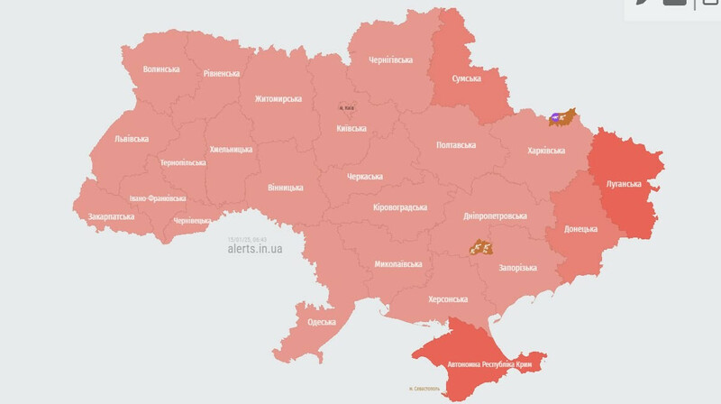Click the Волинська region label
point(162,69)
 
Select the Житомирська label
point(278,99)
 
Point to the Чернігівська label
point(391,60)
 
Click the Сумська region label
point(466,78)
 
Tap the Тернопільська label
point(183,163)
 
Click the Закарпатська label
point(112,216)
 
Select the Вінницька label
point(285,188)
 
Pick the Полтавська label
point(456,144)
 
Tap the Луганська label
point(623,184)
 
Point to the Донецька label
point(581,229)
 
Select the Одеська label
point(322,322)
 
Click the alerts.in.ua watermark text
point(255,249)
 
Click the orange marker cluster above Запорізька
point(480,246)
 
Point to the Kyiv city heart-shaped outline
point(347,106)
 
